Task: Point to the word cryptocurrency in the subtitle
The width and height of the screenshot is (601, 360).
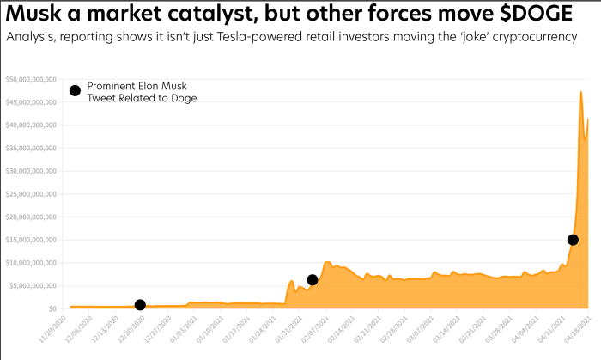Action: (x=540, y=39)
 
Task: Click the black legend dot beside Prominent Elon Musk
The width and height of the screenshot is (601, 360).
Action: (x=75, y=91)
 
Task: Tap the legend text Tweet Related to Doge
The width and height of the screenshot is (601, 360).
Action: (x=142, y=98)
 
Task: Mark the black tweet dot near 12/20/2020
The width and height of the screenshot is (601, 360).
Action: (x=140, y=305)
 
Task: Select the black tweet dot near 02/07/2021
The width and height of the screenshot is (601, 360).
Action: (x=313, y=280)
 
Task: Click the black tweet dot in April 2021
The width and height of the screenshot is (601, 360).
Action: (x=573, y=240)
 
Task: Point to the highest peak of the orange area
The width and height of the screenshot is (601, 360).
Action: (x=581, y=92)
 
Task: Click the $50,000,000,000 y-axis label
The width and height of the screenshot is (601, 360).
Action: (x=31, y=80)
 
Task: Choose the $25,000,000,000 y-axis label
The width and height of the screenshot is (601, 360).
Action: (x=31, y=194)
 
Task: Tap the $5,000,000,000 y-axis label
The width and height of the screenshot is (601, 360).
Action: (x=33, y=285)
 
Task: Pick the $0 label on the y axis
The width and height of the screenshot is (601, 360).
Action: (x=52, y=308)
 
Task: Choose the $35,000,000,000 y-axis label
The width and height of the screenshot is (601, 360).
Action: (x=31, y=148)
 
